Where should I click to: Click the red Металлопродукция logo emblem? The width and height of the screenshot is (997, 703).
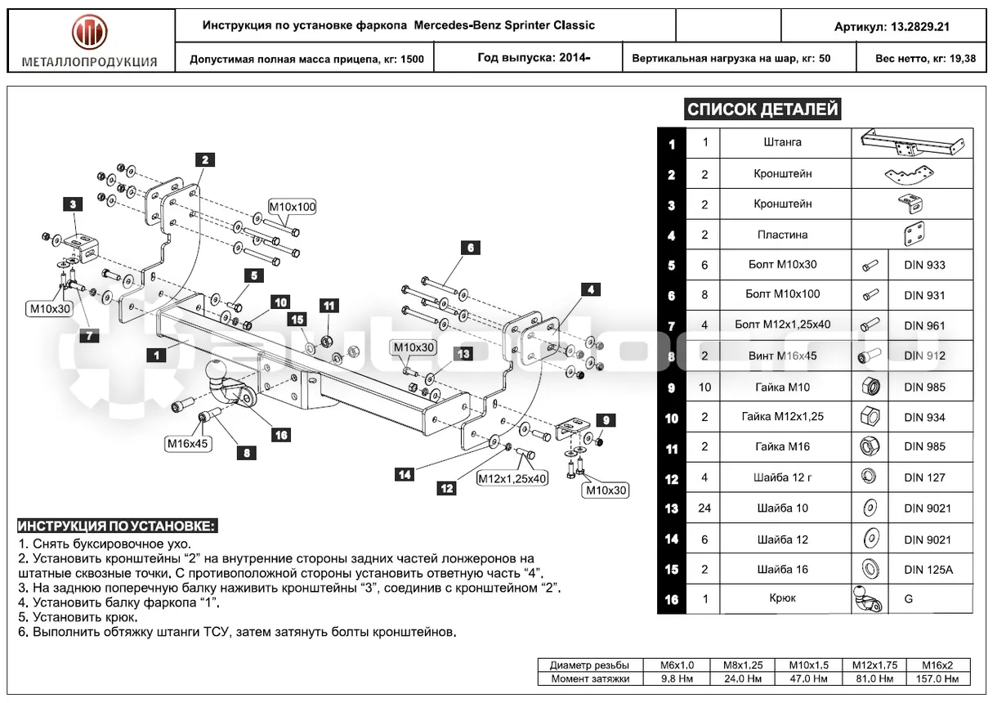[x=89, y=32]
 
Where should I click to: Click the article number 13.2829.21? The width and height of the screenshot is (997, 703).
[x=920, y=27]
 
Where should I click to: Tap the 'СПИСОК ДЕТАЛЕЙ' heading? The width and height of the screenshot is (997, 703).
[x=762, y=109]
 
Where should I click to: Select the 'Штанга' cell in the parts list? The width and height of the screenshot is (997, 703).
[x=782, y=142]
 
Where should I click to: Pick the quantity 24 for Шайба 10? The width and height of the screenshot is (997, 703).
[x=704, y=508]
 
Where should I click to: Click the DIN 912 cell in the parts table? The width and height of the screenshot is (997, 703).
[x=924, y=356]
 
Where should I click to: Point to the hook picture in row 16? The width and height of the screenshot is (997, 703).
[x=868, y=599]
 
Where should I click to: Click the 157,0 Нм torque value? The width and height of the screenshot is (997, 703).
[x=937, y=678]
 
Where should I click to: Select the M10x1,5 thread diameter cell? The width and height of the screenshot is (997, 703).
[x=809, y=665]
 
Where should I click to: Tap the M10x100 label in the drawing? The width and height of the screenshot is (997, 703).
[x=293, y=207]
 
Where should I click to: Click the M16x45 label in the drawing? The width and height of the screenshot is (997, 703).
[x=187, y=443]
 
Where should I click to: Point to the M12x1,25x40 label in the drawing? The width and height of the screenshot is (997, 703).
[x=512, y=478]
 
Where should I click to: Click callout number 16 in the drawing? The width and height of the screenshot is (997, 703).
[x=281, y=435]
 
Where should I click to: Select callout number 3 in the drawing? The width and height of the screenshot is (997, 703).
[x=73, y=204]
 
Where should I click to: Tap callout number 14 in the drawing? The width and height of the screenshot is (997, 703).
[x=405, y=474]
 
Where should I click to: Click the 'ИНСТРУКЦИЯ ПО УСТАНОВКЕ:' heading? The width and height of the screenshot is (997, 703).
[x=118, y=526]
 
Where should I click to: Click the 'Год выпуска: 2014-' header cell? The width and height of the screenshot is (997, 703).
[x=534, y=57]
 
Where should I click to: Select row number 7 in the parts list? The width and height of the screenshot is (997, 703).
[x=672, y=326]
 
